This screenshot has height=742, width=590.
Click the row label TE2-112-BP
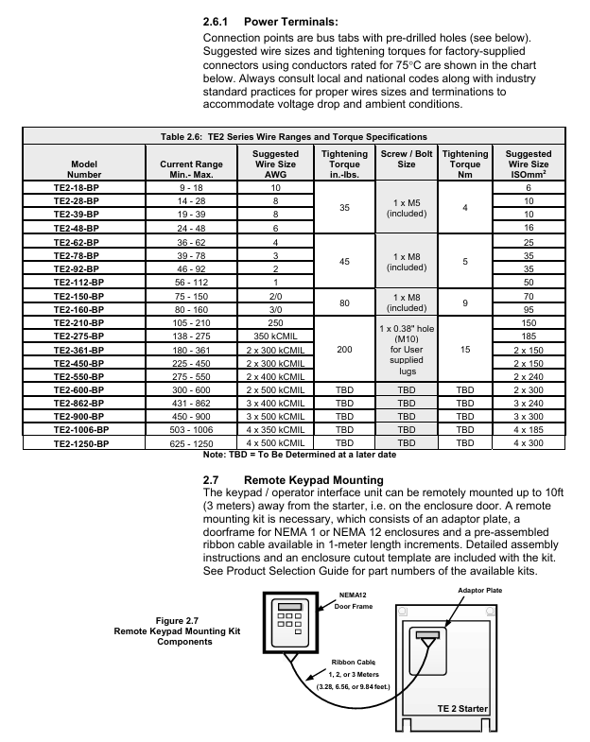point(84,282)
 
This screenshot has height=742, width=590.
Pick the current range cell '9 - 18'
point(178,189)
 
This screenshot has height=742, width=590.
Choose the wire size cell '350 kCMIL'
point(274,336)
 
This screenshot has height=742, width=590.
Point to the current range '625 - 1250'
point(178,441)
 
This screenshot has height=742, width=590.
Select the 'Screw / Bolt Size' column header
point(407,159)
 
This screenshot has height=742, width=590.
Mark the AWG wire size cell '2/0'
point(274,296)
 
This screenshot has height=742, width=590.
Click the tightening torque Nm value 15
point(465,349)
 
